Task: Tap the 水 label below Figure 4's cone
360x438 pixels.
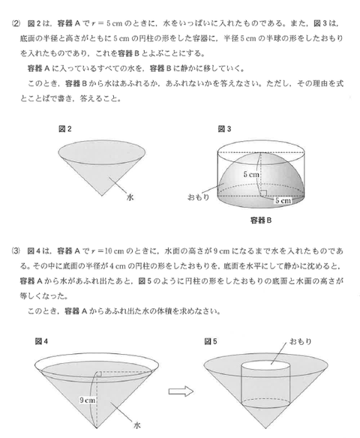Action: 136,424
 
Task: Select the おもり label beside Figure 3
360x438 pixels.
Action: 198,197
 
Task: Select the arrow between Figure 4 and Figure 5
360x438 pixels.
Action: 178,390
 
